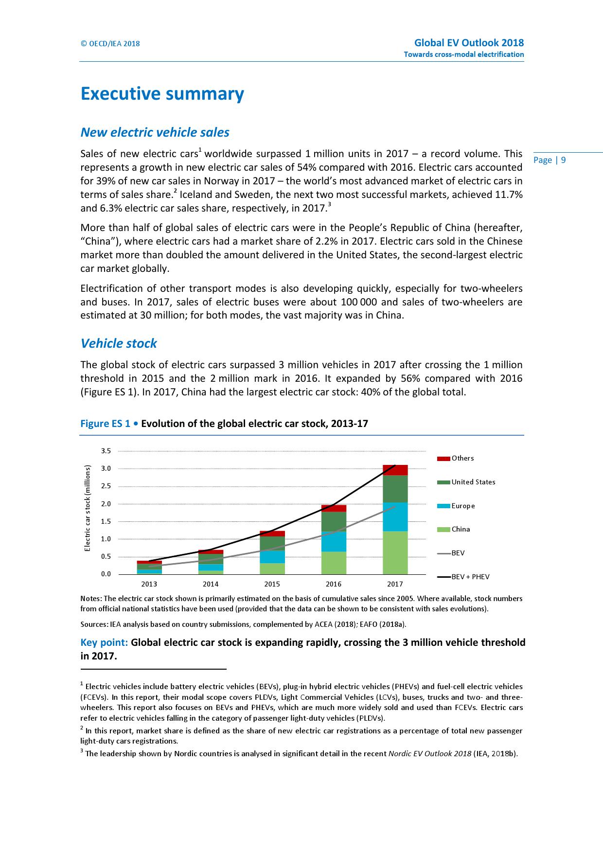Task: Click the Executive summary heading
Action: tap(162, 94)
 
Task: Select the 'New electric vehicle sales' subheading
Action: tap(155, 132)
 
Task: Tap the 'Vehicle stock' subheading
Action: tap(119, 343)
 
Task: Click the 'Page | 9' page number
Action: tap(550, 160)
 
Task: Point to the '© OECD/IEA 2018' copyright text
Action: tap(110, 44)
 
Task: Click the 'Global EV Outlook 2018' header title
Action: tap(469, 43)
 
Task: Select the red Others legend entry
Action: tap(455, 458)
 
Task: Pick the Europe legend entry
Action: tap(456, 506)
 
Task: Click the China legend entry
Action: tap(454, 529)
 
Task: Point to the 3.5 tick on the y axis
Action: tap(106, 451)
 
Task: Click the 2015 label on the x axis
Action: tap(272, 584)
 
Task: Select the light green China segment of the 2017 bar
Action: tap(395, 552)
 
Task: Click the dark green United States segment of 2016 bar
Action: tap(334, 521)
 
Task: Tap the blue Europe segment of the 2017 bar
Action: tap(395, 516)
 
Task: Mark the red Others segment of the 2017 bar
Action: tap(395, 470)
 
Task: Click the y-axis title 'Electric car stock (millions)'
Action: tap(88, 508)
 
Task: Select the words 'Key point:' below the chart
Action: tap(104, 642)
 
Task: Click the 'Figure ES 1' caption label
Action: tap(105, 424)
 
